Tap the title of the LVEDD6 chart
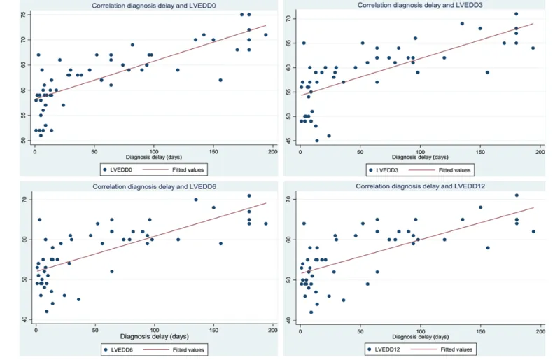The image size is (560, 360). [151, 186]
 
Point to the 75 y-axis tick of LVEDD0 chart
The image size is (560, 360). [22, 15]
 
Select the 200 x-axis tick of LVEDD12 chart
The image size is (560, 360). [540, 331]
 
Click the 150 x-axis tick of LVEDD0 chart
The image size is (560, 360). [214, 151]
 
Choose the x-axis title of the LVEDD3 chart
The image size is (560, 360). [419, 157]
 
